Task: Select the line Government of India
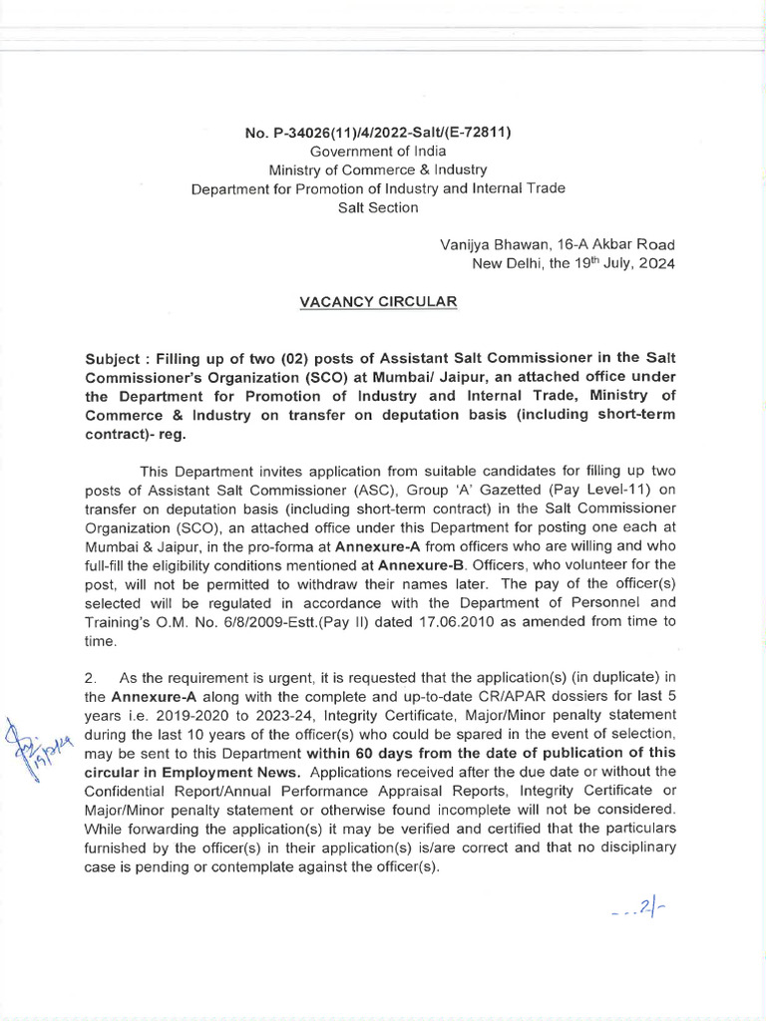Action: tap(377, 151)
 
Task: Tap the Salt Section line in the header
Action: tap(379, 207)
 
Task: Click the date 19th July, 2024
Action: tap(618, 264)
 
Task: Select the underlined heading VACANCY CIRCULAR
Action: tap(378, 301)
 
